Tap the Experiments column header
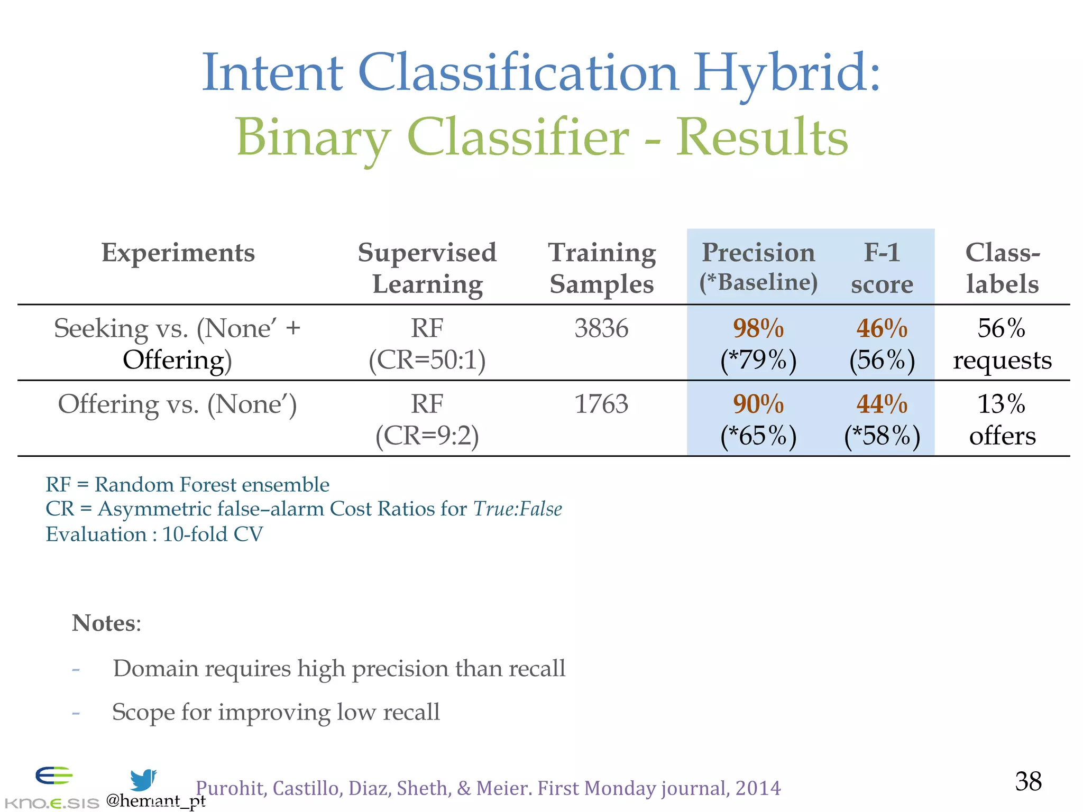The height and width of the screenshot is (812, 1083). [x=178, y=253]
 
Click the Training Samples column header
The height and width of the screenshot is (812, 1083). [x=602, y=268]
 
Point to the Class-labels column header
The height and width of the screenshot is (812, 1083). [x=1002, y=268]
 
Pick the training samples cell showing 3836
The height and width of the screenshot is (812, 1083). [x=601, y=328]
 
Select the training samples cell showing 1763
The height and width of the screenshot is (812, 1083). [x=601, y=404]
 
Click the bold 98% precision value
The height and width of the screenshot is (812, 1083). [x=758, y=328]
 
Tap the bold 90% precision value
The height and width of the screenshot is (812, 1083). [x=758, y=404]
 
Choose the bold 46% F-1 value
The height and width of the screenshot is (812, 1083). [x=882, y=328]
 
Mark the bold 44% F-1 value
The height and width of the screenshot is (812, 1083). [x=882, y=404]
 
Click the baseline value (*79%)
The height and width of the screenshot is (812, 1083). [x=758, y=361]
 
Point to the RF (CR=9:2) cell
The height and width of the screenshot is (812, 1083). [x=427, y=420]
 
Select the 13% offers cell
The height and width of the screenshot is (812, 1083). [x=1002, y=420]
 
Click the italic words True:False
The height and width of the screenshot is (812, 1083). [x=517, y=509]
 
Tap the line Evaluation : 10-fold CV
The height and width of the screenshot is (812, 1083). [x=154, y=534]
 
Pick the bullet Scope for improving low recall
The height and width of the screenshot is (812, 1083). [x=276, y=712]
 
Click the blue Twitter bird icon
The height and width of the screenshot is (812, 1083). [x=143, y=780]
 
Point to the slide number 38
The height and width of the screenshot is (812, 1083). [x=1028, y=781]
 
